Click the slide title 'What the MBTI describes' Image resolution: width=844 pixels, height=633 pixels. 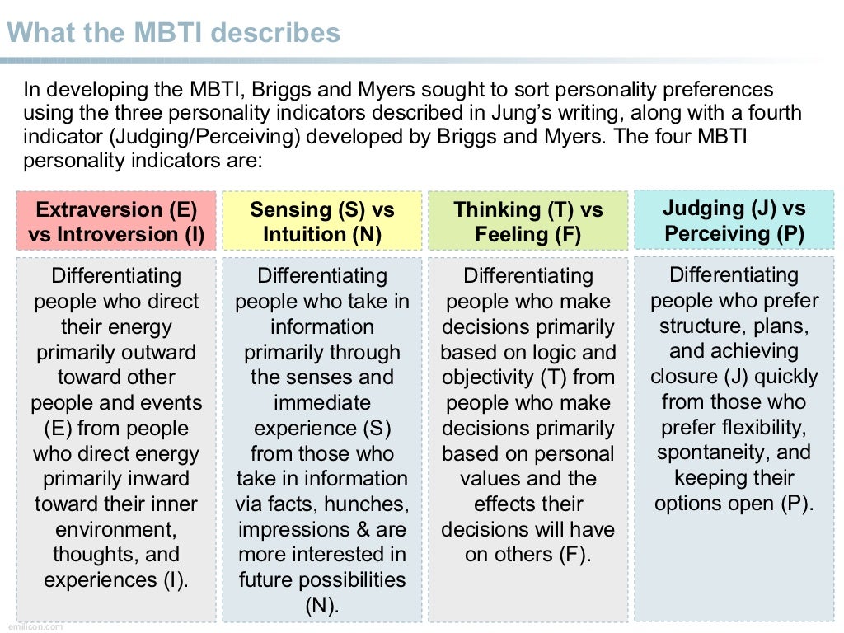(173, 33)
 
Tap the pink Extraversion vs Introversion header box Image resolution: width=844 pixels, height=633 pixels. (116, 222)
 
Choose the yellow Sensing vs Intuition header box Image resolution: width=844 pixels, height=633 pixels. (322, 222)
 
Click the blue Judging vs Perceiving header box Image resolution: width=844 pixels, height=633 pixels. (734, 220)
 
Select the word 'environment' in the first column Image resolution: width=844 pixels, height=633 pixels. (115, 529)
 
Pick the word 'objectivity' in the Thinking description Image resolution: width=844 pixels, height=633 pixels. (488, 377)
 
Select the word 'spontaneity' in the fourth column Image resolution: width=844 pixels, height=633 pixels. (704, 452)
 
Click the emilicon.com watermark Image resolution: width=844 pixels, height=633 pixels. (31, 626)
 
